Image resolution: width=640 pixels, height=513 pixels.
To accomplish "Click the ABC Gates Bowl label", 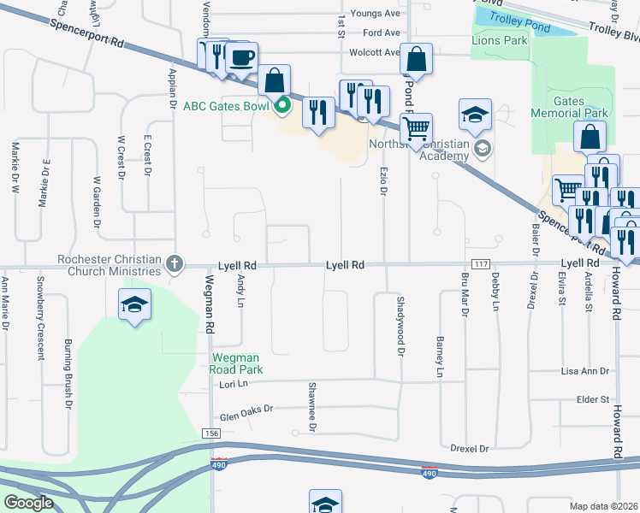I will pyautogui.click(x=226, y=106).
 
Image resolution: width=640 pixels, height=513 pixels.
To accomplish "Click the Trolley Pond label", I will pyautogui.click(x=525, y=27).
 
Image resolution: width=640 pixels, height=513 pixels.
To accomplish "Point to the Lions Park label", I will pyautogui.click(x=499, y=40).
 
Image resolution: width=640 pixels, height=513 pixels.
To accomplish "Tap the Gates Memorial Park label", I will pyautogui.click(x=569, y=107).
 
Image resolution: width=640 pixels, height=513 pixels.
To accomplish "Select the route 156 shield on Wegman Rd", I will pyautogui.click(x=212, y=434).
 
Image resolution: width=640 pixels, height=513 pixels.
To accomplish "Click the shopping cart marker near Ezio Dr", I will pyautogui.click(x=416, y=129).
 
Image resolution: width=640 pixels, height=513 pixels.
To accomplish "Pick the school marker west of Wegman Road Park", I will pyautogui.click(x=134, y=305).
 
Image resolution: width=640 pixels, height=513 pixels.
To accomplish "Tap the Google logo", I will pyautogui.click(x=27, y=502).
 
